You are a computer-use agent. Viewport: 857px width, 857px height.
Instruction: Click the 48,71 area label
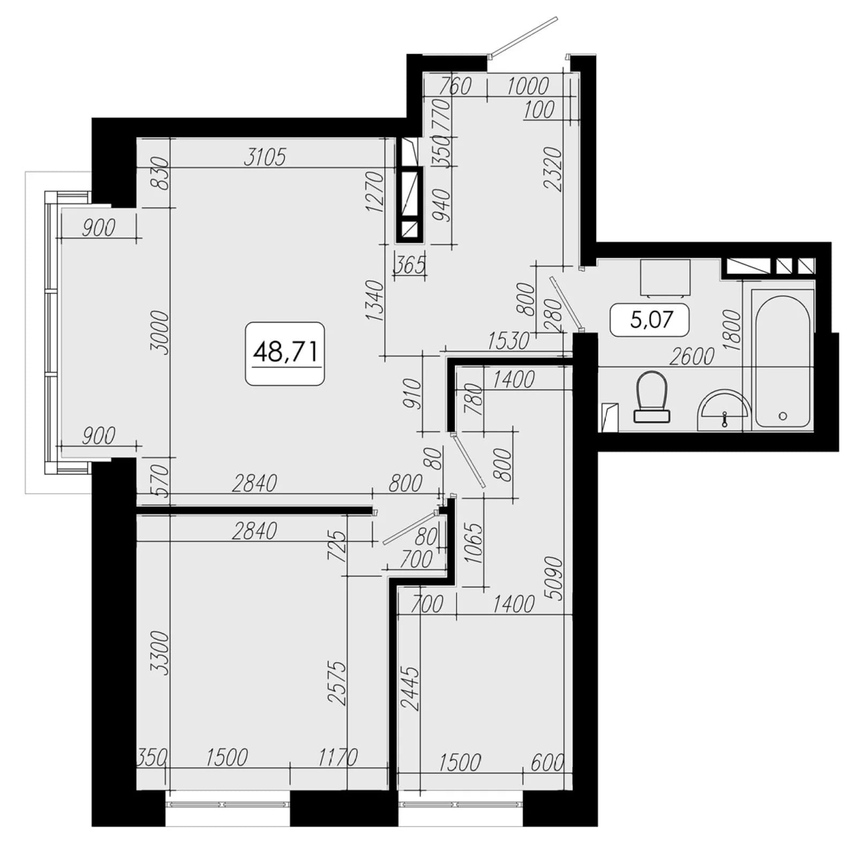[285, 352]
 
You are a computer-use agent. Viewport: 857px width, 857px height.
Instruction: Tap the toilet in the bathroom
[651, 397]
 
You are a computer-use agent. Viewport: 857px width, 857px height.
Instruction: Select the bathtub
[783, 359]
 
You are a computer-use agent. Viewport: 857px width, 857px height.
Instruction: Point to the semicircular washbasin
[724, 410]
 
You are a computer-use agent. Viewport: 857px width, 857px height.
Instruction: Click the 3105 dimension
[265, 157]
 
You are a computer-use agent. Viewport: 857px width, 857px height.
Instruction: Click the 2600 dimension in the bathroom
[691, 356]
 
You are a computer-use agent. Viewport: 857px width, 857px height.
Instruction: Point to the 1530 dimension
[509, 341]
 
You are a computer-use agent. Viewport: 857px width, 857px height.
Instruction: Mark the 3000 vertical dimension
[160, 332]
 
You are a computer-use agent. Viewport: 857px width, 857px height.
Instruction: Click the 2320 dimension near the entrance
[553, 169]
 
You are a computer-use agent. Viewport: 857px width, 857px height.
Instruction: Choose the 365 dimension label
[410, 265]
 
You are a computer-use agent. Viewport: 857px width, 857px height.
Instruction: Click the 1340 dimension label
[375, 300]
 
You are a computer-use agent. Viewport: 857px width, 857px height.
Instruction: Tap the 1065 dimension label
[474, 543]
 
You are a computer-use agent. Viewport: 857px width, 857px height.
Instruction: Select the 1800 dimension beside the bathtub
[732, 330]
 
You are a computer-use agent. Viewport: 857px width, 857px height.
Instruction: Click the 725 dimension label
[337, 545]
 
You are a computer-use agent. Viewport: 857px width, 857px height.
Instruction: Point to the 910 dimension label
[412, 394]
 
